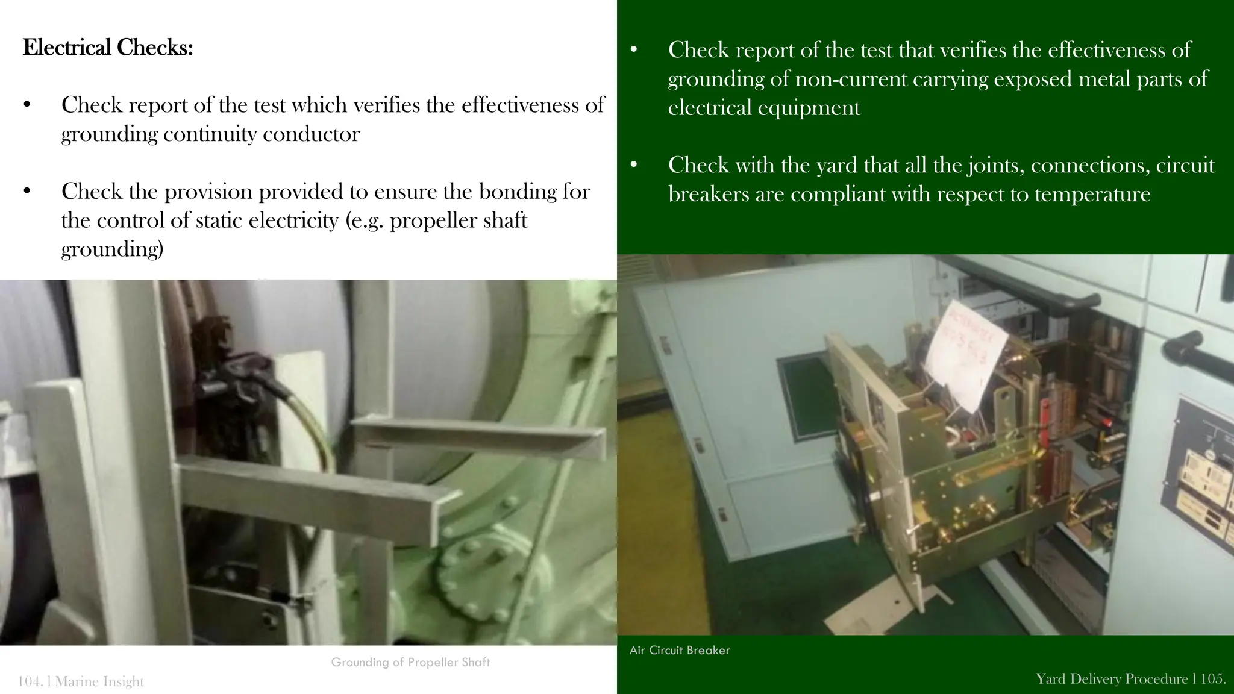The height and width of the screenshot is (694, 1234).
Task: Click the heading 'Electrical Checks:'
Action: [107, 48]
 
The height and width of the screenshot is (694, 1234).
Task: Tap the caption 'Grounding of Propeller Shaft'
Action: [410, 662]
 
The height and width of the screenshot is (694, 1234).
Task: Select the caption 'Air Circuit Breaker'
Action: [679, 650]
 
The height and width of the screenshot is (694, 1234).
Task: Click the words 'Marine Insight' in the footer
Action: [99, 681]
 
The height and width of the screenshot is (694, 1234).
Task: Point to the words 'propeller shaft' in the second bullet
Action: [459, 220]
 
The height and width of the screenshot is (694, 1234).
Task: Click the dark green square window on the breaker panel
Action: [806, 398]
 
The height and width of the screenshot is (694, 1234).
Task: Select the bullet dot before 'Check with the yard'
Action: [633, 164]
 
